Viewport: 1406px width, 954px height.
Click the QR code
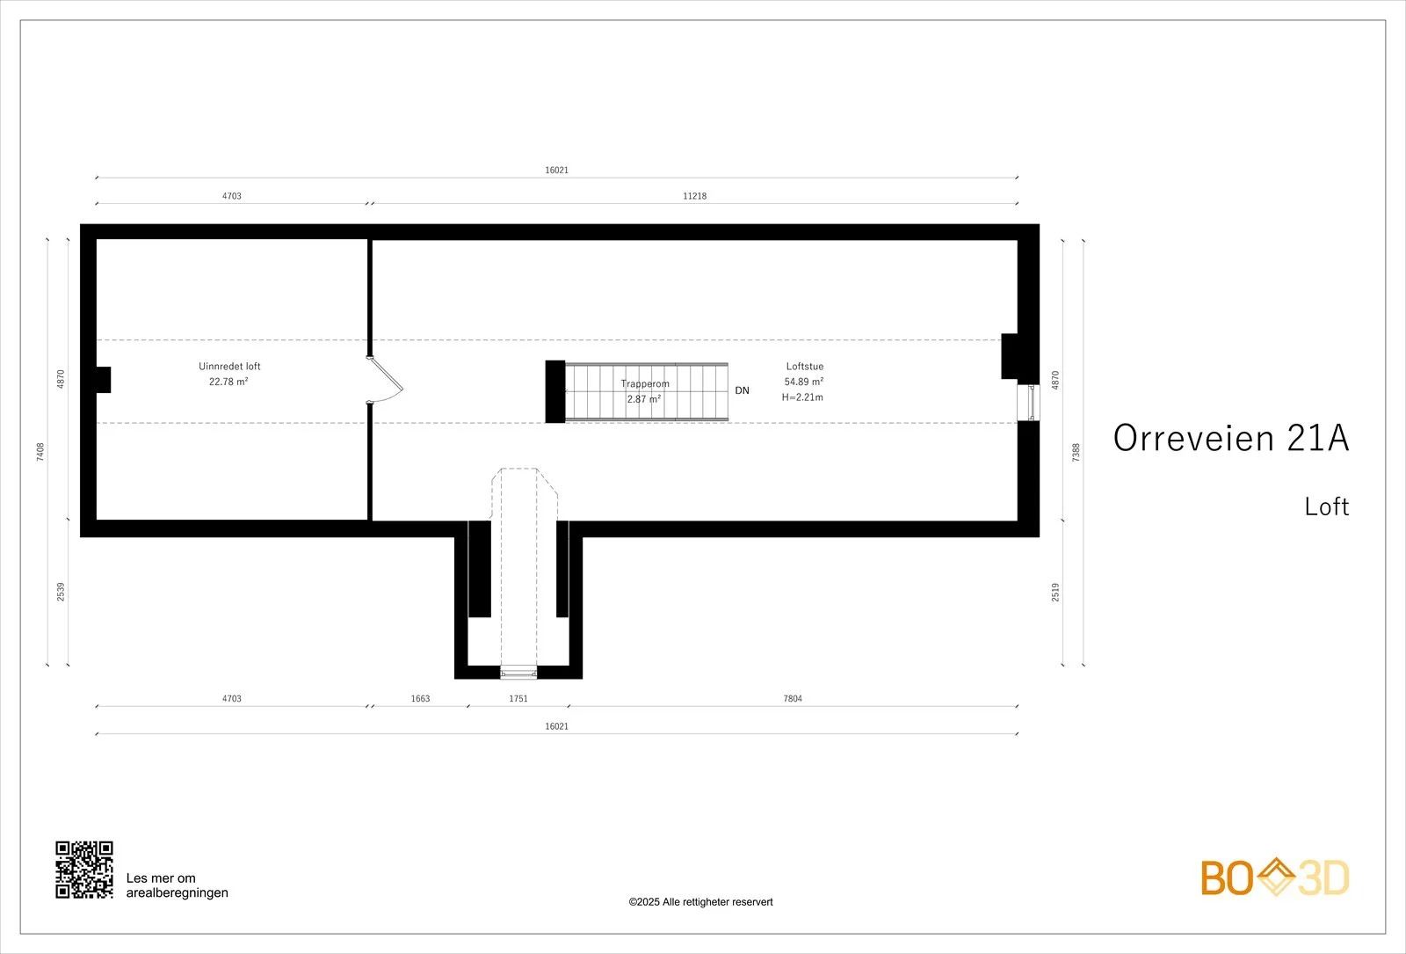[84, 870]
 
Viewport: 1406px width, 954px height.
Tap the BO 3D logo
[1275, 877]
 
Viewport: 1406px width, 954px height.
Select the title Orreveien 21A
[1231, 438]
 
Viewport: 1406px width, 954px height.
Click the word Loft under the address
[1326, 506]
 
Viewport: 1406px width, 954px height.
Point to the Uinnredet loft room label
[229, 366]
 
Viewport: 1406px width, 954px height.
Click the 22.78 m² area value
[228, 382]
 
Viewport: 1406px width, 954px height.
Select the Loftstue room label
[805, 366]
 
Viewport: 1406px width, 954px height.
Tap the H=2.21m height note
[802, 397]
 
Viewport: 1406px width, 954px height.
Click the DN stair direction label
[742, 390]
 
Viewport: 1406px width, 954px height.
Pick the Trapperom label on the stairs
[645, 383]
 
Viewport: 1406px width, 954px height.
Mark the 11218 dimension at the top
[694, 196]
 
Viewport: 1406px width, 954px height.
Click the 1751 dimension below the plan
[518, 698]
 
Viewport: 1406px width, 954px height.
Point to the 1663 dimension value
[420, 698]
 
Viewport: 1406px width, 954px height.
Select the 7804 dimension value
[792, 698]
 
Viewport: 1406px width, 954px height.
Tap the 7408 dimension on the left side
[40, 452]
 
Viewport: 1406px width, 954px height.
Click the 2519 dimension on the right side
[1055, 593]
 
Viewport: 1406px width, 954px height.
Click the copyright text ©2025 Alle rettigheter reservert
[700, 902]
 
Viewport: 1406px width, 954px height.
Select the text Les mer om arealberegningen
[177, 885]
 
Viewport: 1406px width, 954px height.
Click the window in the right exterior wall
[1028, 403]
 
